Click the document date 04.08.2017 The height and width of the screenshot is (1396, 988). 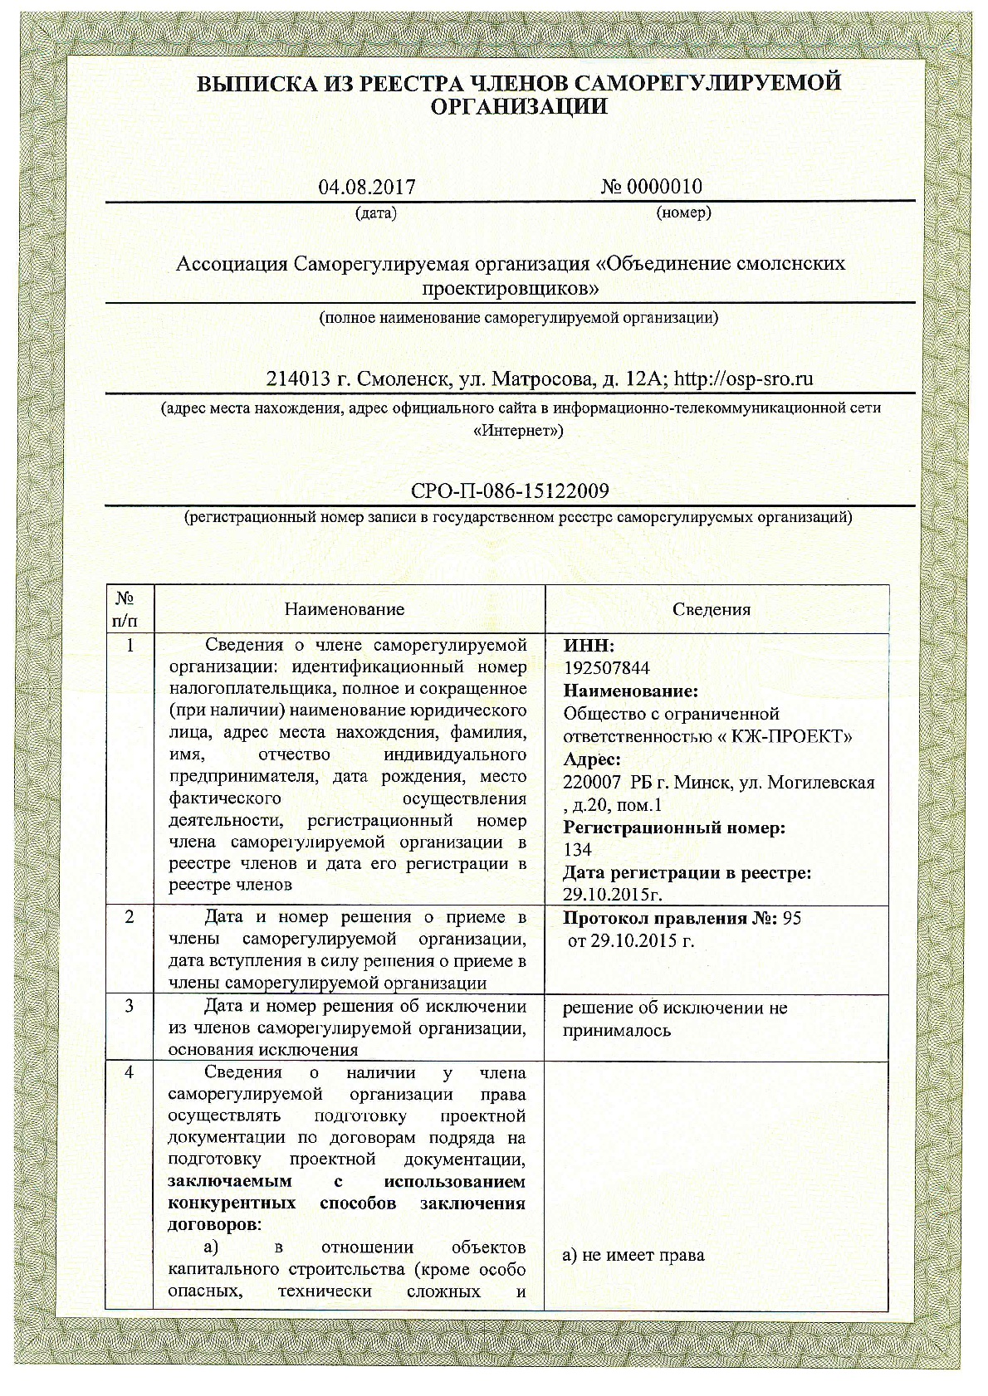pos(366,187)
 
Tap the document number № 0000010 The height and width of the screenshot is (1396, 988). pos(651,186)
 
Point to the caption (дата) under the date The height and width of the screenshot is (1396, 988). pos(375,213)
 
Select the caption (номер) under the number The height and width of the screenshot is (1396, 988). pos(683,212)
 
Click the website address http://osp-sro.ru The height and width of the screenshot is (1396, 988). pos(743,379)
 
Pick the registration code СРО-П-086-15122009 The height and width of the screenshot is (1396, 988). pos(510,491)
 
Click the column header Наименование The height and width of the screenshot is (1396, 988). pos(345,609)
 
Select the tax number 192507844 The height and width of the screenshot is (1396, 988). pos(606,668)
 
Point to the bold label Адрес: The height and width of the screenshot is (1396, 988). pos(591,759)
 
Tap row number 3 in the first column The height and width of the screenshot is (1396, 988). pos(130,1007)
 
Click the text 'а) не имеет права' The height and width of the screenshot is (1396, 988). pos(633,1255)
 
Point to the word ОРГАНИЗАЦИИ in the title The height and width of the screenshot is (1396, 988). pos(519,106)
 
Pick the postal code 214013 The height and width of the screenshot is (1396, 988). pos(300,379)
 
